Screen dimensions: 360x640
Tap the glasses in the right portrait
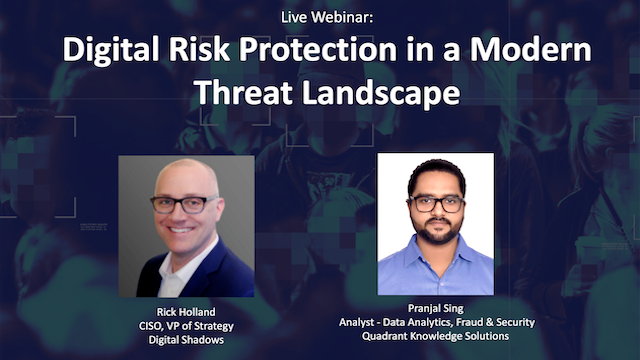click(x=437, y=204)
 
